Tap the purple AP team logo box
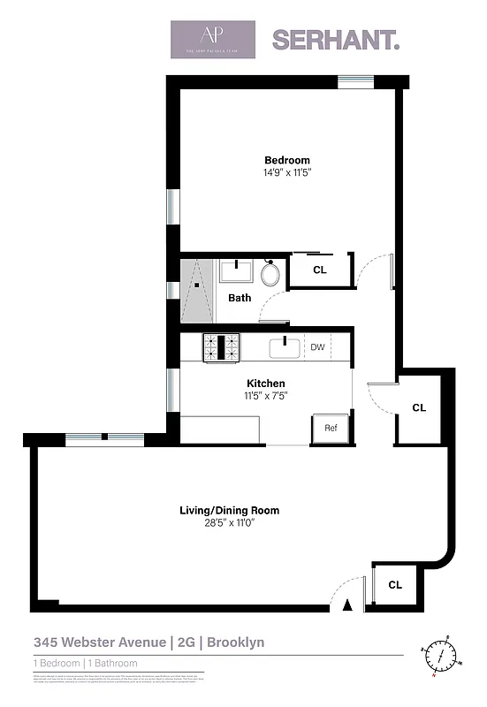click(x=213, y=40)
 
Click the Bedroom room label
click(x=287, y=160)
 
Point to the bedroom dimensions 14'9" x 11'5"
click(x=287, y=172)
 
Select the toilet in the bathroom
click(x=271, y=273)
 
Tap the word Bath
click(x=240, y=298)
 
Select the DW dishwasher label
click(x=318, y=347)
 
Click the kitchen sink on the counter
click(x=284, y=347)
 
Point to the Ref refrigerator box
click(x=331, y=428)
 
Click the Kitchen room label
click(x=265, y=383)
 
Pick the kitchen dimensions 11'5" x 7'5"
click(x=266, y=395)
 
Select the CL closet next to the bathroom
click(x=320, y=270)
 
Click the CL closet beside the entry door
click(x=395, y=584)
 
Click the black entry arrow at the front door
click(x=347, y=604)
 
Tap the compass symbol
click(x=444, y=655)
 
